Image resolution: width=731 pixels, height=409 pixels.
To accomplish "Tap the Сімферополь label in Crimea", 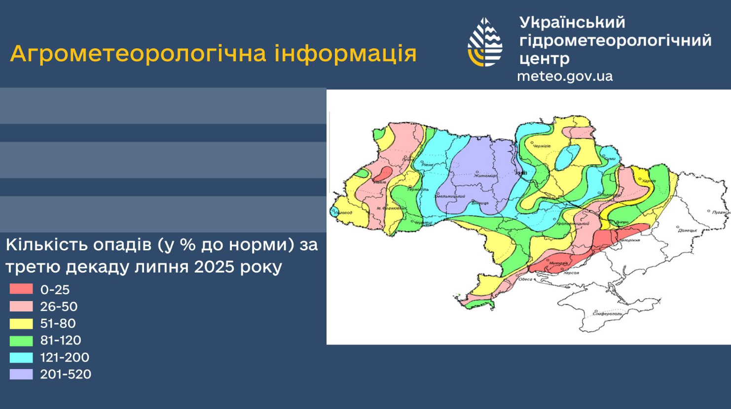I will point(607,313).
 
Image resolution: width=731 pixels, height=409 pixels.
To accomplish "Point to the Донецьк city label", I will point(687,230).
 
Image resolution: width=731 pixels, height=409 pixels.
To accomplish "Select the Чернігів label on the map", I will point(541,146).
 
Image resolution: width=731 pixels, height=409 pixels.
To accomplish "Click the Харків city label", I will point(649,181).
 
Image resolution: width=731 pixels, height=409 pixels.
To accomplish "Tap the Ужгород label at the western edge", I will point(344,213).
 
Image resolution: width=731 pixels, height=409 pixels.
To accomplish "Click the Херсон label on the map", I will point(571,273).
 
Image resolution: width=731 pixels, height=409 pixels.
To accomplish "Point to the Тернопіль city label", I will point(417,189).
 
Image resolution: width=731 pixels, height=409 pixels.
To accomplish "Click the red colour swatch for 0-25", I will point(21,289).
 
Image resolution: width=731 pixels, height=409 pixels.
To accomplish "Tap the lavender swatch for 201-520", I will point(21,374).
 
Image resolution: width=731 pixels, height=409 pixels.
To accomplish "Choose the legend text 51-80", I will point(58,323).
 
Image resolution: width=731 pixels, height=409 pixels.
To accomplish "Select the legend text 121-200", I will point(65,357).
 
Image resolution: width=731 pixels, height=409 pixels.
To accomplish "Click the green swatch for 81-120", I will point(21,341).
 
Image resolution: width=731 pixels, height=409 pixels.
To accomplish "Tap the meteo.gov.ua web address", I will point(565,76).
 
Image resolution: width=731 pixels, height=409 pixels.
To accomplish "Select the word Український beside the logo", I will point(572,22).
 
